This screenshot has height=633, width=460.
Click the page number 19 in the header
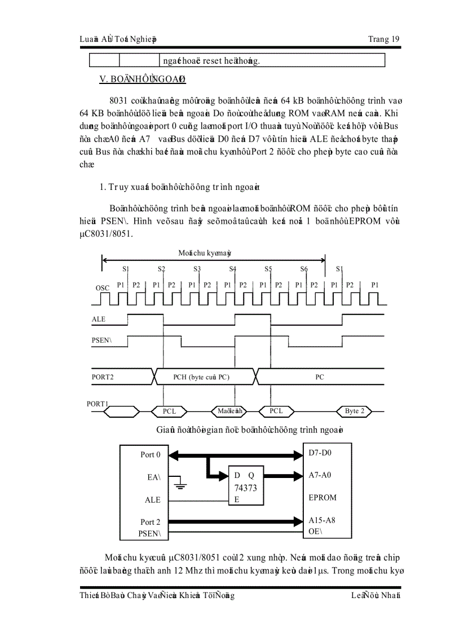click(x=394, y=39)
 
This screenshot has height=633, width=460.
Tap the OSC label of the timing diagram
click(x=102, y=288)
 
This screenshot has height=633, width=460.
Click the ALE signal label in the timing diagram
click(x=99, y=319)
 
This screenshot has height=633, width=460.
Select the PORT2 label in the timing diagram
click(x=103, y=377)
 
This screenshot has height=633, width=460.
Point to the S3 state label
click(x=197, y=269)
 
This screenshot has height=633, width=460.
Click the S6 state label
click(x=304, y=269)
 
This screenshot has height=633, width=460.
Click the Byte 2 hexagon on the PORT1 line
click(x=355, y=411)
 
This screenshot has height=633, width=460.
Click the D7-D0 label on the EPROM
click(x=320, y=453)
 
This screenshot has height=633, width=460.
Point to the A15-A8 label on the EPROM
click(x=322, y=520)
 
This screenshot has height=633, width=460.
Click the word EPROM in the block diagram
click(x=322, y=498)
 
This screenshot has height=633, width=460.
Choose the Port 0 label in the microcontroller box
click(x=151, y=454)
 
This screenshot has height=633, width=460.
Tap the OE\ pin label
click(x=316, y=531)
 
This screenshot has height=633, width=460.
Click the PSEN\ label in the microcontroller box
click(x=150, y=533)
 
